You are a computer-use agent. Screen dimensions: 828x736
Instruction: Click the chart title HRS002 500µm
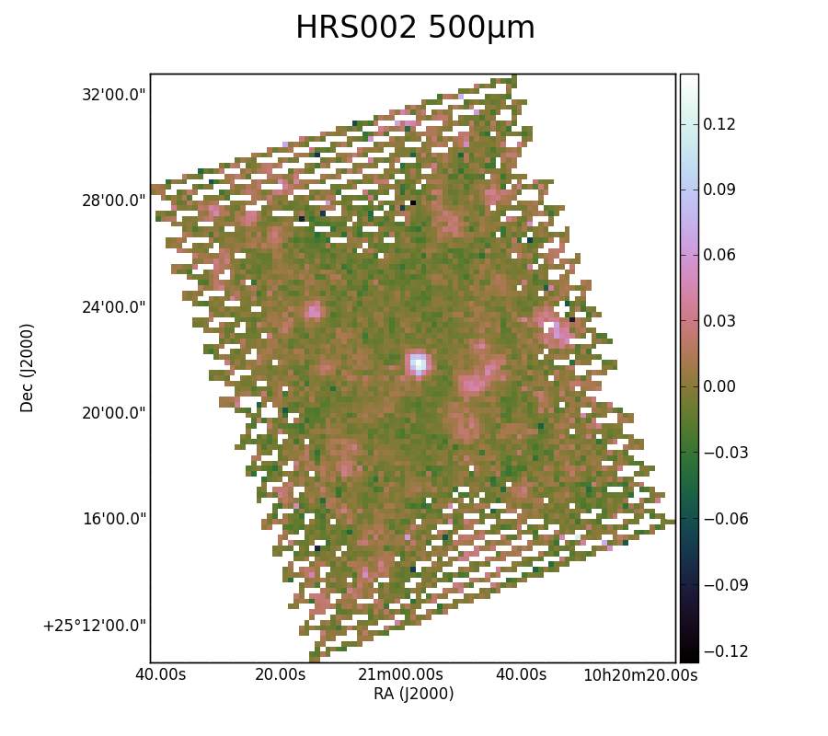pyautogui.click(x=415, y=28)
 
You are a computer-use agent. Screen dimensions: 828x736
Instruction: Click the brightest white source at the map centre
pyautogui.click(x=419, y=363)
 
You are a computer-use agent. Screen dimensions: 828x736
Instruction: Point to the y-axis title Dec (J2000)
pyautogui.click(x=27, y=368)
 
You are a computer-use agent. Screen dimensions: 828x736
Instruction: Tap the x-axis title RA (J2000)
pyautogui.click(x=413, y=694)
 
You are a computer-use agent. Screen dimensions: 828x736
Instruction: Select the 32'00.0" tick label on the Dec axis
pyautogui.click(x=113, y=95)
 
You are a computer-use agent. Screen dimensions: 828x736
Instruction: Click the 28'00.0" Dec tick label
pyautogui.click(x=113, y=201)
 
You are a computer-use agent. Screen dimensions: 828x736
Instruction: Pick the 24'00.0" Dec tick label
pyautogui.click(x=113, y=306)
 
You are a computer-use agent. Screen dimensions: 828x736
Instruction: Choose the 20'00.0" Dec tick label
pyautogui.click(x=113, y=413)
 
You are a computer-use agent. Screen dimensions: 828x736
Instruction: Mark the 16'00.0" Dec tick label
pyautogui.click(x=113, y=519)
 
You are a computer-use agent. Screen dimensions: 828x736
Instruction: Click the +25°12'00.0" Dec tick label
pyautogui.click(x=94, y=626)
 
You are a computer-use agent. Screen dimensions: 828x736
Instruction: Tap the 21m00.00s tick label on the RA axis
pyautogui.click(x=400, y=674)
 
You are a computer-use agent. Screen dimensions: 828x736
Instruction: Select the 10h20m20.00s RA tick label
pyautogui.click(x=640, y=674)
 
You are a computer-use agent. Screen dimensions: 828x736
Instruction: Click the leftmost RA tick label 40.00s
pyautogui.click(x=160, y=674)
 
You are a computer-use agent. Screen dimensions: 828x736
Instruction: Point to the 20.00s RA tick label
pyautogui.click(x=281, y=674)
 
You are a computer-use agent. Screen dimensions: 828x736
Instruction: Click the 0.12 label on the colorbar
pyautogui.click(x=719, y=124)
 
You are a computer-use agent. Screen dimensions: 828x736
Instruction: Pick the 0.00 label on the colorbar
pyautogui.click(x=719, y=386)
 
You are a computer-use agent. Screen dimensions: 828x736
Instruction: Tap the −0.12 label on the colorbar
pyautogui.click(x=726, y=651)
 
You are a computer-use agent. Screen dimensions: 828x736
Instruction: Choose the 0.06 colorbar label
pyautogui.click(x=719, y=256)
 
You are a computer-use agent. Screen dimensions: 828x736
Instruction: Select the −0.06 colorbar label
pyautogui.click(x=726, y=519)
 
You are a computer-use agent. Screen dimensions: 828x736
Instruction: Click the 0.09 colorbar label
pyautogui.click(x=719, y=190)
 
